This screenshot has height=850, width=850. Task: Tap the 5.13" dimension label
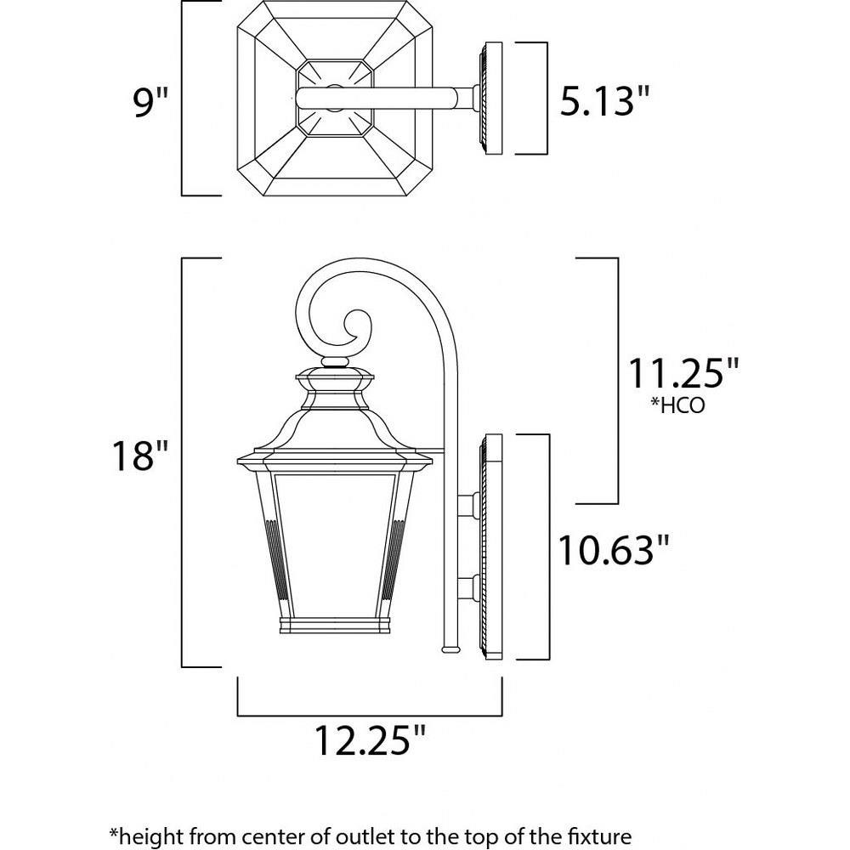(603, 101)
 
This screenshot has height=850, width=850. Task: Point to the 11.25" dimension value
(683, 373)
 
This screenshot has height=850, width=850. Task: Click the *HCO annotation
(677, 405)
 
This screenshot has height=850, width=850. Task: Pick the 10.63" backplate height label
(613, 550)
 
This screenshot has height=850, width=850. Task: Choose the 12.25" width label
(371, 739)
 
